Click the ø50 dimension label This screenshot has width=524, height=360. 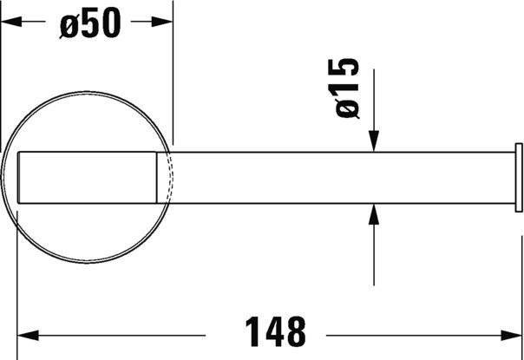point(90,23)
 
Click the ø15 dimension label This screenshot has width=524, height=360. point(347,88)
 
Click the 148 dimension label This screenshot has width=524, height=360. point(275,331)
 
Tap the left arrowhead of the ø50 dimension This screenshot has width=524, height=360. point(11,22)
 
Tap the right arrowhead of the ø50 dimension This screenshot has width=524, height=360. point(162,22)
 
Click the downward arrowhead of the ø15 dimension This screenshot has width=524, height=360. point(374,141)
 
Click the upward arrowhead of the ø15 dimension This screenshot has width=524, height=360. point(374,214)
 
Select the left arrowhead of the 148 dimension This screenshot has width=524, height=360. point(28,335)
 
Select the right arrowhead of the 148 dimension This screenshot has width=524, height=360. point(511,335)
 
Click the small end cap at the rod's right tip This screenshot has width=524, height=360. point(519,178)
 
